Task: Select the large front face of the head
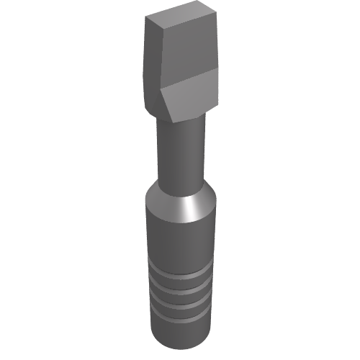(189, 50)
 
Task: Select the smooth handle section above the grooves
(180, 238)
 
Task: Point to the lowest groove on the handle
(180, 314)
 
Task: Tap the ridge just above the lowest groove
(180, 307)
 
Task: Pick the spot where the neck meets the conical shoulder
(180, 189)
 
